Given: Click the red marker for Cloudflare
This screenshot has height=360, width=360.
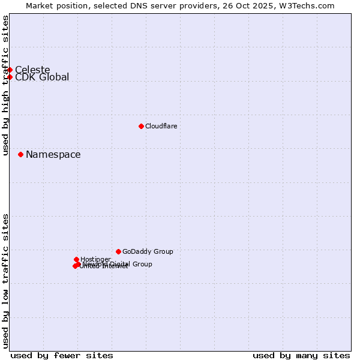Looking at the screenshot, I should coord(141,126).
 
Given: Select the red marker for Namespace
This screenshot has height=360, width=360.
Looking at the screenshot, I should coord(20,154).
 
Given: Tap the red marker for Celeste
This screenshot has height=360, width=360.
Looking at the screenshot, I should coord(10,70).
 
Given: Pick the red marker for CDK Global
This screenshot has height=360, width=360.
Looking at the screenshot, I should coord(10,77).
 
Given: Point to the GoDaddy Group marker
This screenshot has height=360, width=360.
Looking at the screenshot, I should coord(118,251).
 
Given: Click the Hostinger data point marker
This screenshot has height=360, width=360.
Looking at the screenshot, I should coord(76,259).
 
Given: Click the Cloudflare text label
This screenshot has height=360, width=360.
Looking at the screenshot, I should coord(161,126).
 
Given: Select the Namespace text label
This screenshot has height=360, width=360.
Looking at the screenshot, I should coord(53,154).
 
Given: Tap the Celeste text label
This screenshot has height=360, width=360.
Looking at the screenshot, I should coord(32,70).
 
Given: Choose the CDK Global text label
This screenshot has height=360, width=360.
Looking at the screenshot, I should coord(42,77).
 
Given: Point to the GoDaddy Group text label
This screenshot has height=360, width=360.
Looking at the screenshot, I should coord(148,251).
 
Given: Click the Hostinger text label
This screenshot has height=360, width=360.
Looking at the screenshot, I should coord(95,259).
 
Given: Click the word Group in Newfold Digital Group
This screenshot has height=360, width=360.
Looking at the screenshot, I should coord(142,264).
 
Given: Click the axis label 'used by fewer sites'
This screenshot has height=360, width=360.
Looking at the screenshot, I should coord(62,355).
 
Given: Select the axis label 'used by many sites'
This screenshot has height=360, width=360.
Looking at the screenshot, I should coord(301,355).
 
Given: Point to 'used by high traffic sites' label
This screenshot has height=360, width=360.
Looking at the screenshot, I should coord(5,85).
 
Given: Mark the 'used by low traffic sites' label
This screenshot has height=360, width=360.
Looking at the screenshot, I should coord(5,280).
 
